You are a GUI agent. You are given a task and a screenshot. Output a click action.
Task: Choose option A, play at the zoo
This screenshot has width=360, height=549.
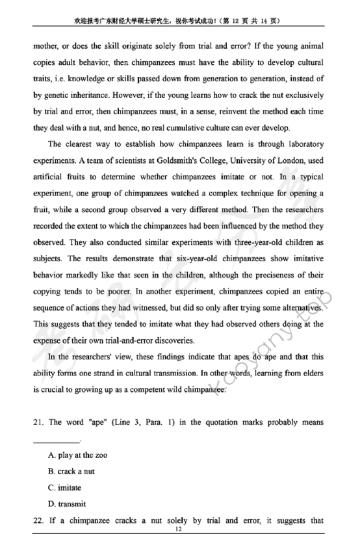78,455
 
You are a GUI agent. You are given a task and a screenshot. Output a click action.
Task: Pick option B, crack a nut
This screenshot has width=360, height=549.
74,472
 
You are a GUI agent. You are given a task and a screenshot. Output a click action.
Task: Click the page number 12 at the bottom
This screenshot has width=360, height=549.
179,530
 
